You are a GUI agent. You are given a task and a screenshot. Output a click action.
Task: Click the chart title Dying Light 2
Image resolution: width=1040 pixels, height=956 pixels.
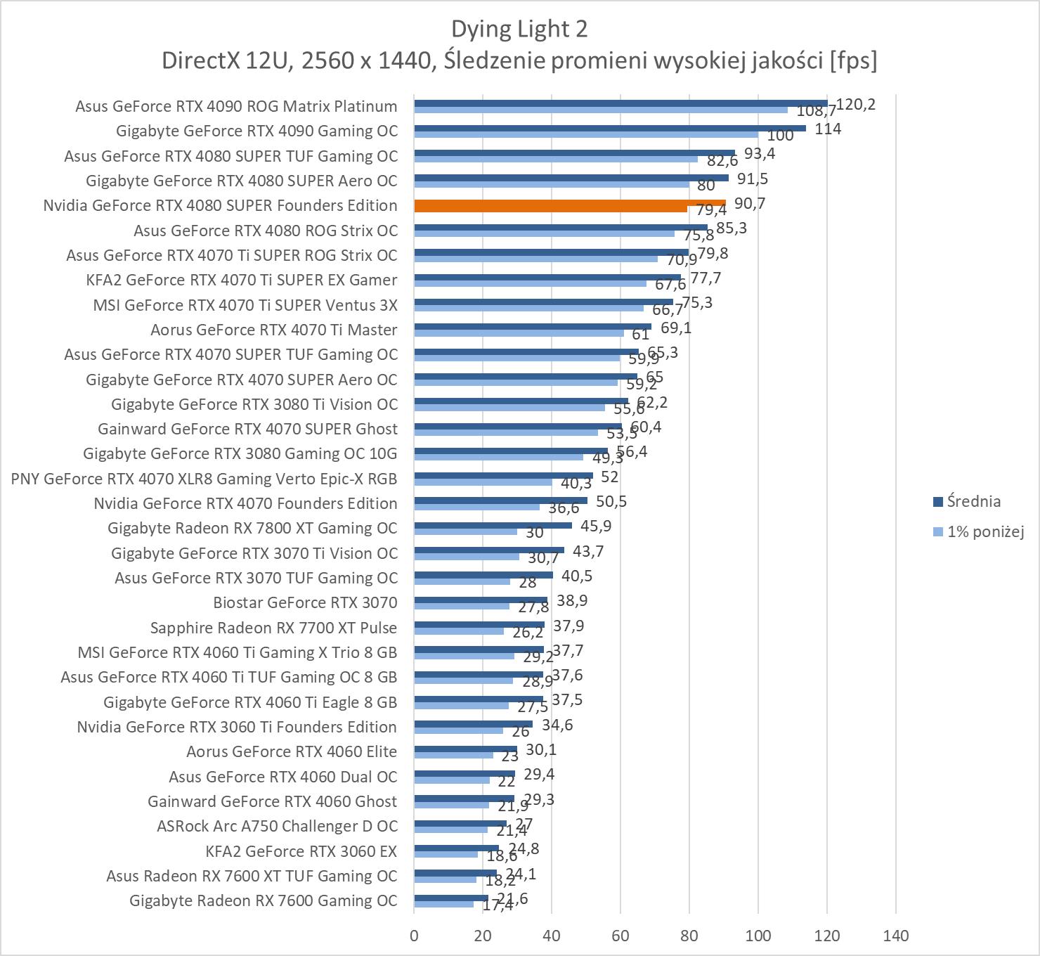[519, 29]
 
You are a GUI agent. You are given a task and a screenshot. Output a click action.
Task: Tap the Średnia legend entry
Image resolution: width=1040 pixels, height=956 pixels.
[973, 501]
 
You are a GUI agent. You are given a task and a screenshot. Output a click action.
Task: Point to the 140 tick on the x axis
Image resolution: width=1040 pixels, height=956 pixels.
[895, 936]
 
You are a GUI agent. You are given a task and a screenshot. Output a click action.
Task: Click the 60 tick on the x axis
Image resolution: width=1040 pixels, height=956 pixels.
[620, 936]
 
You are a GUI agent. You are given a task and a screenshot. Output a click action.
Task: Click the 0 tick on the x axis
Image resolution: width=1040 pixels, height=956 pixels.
[414, 936]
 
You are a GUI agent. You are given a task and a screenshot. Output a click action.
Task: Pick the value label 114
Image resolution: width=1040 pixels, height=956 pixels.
[828, 129]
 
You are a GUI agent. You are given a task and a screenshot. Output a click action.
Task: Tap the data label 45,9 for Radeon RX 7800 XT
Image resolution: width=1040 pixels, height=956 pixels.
[596, 526]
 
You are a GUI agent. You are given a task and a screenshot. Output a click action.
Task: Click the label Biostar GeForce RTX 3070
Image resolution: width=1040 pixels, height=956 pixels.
[305, 602]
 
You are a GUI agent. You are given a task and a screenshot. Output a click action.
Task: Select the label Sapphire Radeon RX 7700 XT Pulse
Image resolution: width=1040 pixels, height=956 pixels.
[273, 628]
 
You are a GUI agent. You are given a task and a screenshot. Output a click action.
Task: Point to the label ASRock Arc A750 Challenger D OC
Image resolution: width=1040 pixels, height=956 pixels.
[277, 826]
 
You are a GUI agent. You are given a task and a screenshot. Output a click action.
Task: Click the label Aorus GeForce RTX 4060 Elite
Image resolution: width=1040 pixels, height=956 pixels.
[292, 751]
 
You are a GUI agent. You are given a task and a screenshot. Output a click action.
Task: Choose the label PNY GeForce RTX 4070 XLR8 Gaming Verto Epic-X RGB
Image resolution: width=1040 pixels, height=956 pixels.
[204, 479]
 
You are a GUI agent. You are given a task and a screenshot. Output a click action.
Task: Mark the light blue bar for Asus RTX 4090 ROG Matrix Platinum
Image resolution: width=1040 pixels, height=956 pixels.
[601, 110]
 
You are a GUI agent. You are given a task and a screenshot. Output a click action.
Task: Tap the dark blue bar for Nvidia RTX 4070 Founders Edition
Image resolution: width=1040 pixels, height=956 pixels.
[500, 500]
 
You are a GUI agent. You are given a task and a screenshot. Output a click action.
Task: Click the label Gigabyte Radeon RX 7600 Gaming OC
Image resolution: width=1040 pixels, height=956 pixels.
[264, 900]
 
